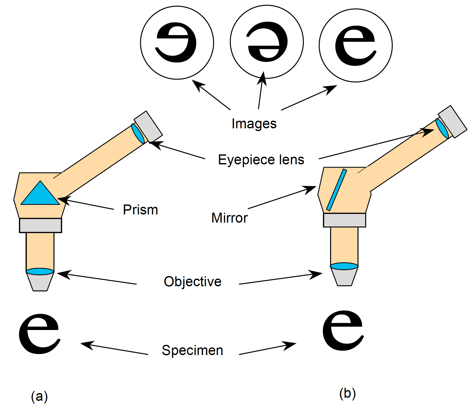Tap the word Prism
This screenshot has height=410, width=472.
point(140,210)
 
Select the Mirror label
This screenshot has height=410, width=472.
point(229,218)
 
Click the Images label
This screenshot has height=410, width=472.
point(254,124)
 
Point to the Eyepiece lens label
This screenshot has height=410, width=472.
point(261,160)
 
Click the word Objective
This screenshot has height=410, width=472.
point(193,282)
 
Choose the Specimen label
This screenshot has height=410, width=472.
point(192,350)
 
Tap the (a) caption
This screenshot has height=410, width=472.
point(39,396)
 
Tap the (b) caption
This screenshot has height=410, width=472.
point(347,393)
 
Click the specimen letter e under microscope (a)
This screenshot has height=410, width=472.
point(39,334)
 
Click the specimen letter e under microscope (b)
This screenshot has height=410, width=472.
point(343,331)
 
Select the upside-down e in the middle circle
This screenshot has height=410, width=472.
point(267,42)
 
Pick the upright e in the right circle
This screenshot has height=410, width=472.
point(355,45)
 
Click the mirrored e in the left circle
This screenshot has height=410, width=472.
point(176,42)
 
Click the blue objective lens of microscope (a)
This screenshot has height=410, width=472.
point(40,271)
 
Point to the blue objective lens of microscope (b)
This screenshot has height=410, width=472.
point(344,266)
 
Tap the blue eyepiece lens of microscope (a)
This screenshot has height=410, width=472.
point(138,133)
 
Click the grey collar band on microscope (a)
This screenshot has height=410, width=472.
point(40,225)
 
